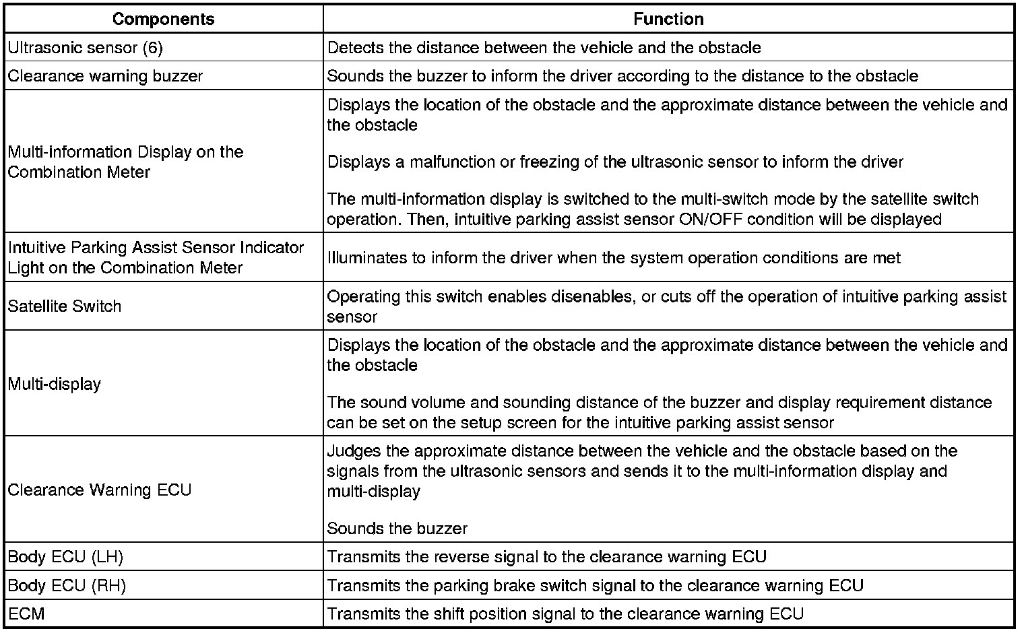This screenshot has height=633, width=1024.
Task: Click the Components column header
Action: click(x=164, y=19)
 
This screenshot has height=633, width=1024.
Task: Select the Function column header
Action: click(x=668, y=19)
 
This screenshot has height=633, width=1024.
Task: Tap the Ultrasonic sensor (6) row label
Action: click(x=85, y=48)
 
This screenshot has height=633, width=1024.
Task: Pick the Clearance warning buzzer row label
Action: click(x=105, y=76)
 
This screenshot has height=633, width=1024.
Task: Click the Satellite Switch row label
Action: click(x=65, y=306)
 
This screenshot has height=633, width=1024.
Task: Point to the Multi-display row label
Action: click(x=55, y=384)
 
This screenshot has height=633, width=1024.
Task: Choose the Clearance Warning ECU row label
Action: click(x=100, y=490)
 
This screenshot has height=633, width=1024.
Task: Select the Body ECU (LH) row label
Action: click(x=65, y=557)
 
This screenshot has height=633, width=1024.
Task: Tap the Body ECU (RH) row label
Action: click(x=67, y=586)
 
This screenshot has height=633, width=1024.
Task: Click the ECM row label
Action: click(x=26, y=614)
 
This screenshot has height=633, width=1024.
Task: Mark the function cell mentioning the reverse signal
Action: click(x=546, y=557)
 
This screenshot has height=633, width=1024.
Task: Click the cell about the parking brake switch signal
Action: click(x=595, y=586)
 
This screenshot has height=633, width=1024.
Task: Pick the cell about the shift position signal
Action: click(x=565, y=614)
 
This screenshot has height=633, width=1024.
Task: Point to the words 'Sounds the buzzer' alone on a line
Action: click(x=397, y=529)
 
